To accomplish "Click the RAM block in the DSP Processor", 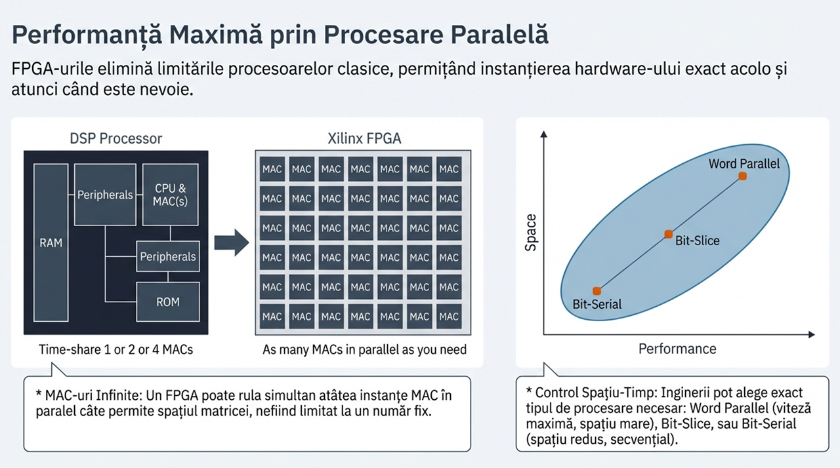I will pyautogui.click(x=51, y=243).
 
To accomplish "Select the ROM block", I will pyautogui.click(x=167, y=302).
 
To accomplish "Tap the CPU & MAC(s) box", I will pyautogui.click(x=170, y=195).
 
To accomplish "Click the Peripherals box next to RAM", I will pyautogui.click(x=105, y=195).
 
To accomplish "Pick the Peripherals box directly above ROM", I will pyautogui.click(x=167, y=256).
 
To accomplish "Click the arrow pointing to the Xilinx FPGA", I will pyautogui.click(x=232, y=243).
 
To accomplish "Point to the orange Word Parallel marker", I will pyautogui.click(x=742, y=176).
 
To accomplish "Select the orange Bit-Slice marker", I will pyautogui.click(x=668, y=234).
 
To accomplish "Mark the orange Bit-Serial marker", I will pyautogui.click(x=597, y=290).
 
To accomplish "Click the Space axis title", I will pyautogui.click(x=531, y=233).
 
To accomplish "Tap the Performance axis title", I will pyautogui.click(x=677, y=349).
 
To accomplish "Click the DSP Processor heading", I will pyautogui.click(x=116, y=138).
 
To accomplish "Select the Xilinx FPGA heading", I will pyautogui.click(x=364, y=138).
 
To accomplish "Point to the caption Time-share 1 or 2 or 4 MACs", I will pyautogui.click(x=116, y=349).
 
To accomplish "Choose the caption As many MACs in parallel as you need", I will pyautogui.click(x=364, y=349).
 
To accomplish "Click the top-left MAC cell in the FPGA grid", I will pyautogui.click(x=272, y=169).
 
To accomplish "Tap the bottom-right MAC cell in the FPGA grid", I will pyautogui.click(x=449, y=317).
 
